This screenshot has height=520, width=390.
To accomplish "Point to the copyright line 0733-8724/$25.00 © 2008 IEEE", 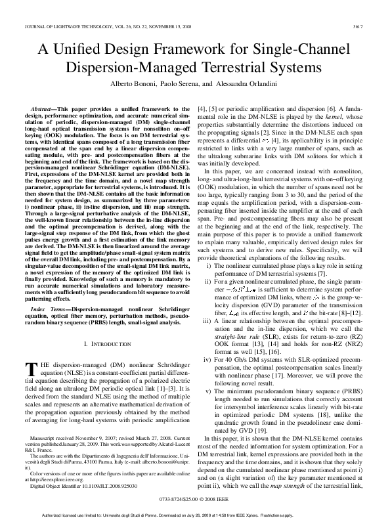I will point(195,499).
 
